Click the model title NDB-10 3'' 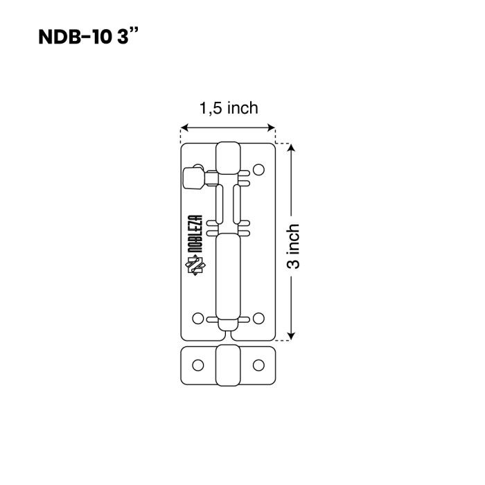tap(89, 37)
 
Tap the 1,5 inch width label tap(229, 108)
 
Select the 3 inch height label tap(293, 246)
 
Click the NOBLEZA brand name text tap(195, 234)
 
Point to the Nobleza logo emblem tap(195, 265)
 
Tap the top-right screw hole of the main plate tap(258, 170)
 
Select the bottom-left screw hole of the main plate tap(198, 318)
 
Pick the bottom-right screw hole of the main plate tap(258, 318)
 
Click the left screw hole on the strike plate tap(198, 365)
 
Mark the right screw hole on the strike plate tap(258, 365)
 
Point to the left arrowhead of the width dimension tap(185, 127)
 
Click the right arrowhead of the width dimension tap(272, 127)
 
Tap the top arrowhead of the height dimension tap(291, 148)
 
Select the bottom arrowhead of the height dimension tap(291, 336)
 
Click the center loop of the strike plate tap(228, 366)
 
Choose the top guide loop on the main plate tap(228, 158)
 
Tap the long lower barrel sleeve tap(228, 276)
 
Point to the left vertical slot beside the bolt tap(219, 204)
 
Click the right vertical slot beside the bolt tap(237, 204)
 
